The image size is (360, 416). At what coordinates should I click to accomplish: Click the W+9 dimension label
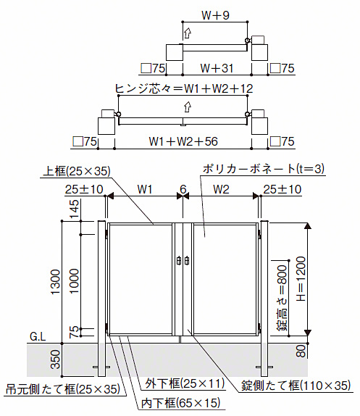click(215, 15)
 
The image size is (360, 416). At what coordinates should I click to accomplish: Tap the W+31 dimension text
click(217, 68)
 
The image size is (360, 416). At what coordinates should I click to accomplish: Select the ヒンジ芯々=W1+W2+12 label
click(184, 88)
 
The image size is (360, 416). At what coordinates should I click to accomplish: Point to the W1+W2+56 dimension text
click(183, 141)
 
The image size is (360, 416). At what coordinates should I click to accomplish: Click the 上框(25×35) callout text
click(77, 171)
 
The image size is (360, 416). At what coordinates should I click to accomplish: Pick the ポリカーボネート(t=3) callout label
click(264, 169)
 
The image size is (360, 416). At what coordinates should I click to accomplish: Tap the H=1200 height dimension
click(301, 279)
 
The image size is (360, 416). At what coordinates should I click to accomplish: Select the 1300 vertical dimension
click(56, 282)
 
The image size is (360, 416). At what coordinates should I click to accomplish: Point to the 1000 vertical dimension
click(74, 281)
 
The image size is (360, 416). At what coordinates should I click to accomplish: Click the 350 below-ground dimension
click(56, 359)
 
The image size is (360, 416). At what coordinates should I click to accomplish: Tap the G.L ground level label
click(38, 337)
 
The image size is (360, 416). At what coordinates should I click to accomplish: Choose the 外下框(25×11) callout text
click(185, 383)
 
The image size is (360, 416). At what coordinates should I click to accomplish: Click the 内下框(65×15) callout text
click(181, 403)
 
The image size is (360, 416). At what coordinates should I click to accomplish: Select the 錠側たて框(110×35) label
click(296, 386)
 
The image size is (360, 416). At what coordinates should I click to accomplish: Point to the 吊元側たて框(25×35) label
click(63, 389)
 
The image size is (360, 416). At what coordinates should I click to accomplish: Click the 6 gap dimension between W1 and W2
click(183, 189)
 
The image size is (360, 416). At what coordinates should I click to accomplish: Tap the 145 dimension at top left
click(74, 209)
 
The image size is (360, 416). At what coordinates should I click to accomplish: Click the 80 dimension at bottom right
click(301, 351)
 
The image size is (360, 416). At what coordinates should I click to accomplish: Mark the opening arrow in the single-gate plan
click(188, 33)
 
